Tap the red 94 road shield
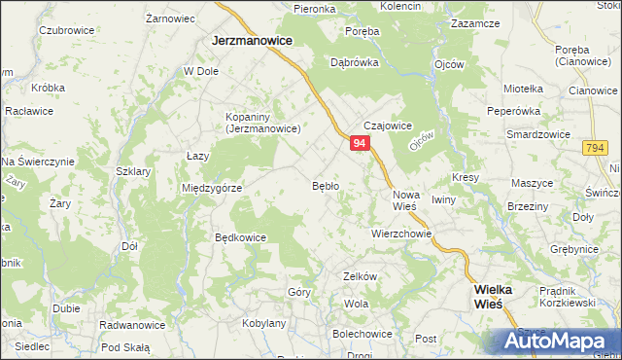click(x=360, y=143)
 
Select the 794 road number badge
click(x=596, y=147)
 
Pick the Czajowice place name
click(x=389, y=126)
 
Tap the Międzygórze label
click(x=212, y=188)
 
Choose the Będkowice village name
click(x=240, y=236)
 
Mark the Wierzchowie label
click(x=400, y=234)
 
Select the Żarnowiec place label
click(x=170, y=18)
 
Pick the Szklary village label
click(x=133, y=170)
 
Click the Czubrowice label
click(x=66, y=30)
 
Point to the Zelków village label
click(x=360, y=276)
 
